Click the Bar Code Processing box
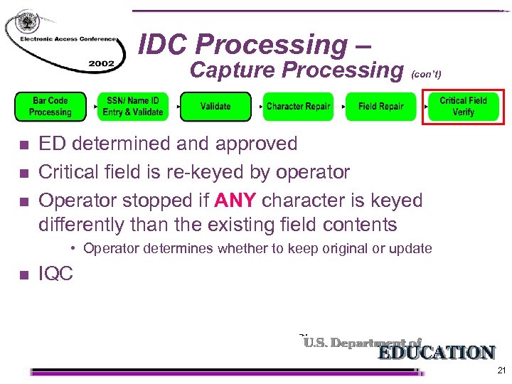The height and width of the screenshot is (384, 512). point(50,107)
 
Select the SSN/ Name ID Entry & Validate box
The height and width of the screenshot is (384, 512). point(133,107)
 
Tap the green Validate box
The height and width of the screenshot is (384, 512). point(215,107)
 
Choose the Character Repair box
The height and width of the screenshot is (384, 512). point(298,107)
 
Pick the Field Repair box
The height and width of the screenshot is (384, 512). point(380,107)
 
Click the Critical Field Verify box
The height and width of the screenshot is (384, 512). point(463,107)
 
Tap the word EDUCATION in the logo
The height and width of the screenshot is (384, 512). point(436,353)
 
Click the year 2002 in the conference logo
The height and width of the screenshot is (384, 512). point(101,63)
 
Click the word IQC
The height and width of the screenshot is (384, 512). point(55,274)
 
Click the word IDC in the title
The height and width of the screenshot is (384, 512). point(163,45)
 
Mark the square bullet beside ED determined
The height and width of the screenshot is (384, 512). point(23,145)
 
